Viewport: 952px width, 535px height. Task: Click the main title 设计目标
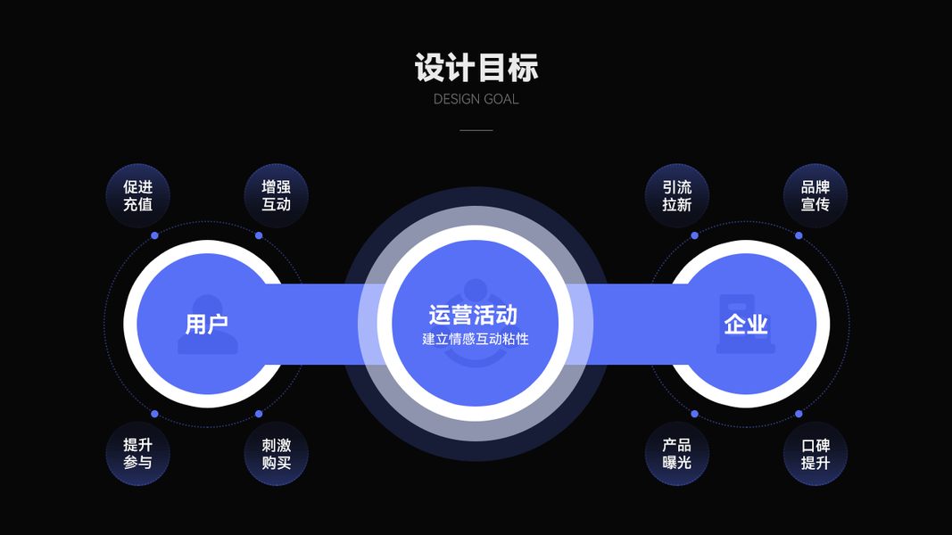(476, 68)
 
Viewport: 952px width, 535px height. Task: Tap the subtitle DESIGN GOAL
(476, 99)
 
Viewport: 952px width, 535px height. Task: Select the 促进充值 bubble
(138, 196)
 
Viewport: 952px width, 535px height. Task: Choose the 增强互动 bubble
(276, 196)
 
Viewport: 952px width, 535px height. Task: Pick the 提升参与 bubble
(138, 454)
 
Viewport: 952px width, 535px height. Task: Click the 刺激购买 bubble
(276, 454)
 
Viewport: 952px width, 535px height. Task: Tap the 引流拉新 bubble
(677, 196)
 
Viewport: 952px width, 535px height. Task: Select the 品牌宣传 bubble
(815, 196)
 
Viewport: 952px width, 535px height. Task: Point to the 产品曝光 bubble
(677, 454)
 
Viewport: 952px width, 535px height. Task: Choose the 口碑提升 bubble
(815, 454)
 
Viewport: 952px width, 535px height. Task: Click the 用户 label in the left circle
(207, 325)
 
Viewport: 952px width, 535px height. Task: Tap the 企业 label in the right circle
(746, 325)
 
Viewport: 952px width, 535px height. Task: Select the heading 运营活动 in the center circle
(473, 315)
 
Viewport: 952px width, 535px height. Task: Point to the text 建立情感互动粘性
(476, 339)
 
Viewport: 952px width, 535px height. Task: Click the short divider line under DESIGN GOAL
(476, 130)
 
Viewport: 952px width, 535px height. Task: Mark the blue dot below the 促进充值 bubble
(154, 235)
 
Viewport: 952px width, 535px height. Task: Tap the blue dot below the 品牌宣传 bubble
(799, 235)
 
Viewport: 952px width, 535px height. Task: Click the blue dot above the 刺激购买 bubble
(259, 414)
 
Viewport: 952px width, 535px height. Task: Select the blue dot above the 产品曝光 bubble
(694, 414)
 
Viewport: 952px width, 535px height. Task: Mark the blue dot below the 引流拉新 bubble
(694, 235)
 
